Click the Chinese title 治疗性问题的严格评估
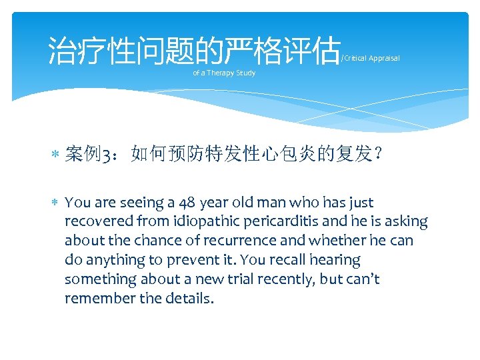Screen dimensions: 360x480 [x=193, y=51]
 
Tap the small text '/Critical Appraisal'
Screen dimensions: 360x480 [x=370, y=59]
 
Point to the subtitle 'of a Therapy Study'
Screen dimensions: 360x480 [x=224, y=73]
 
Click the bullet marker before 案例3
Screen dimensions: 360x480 [x=56, y=156]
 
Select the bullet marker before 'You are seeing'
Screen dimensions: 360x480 [x=56, y=203]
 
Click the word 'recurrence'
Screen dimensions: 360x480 [x=221, y=241]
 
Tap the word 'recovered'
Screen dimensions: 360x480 [x=97, y=221]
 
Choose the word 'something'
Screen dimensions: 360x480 [x=101, y=279]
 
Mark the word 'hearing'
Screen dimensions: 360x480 [x=336, y=260]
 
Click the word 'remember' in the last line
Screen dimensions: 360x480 [x=97, y=299]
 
